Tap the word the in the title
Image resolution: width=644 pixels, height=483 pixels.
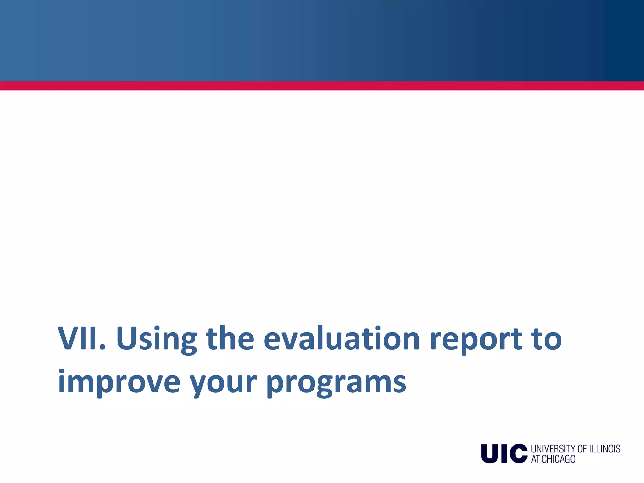click(230, 339)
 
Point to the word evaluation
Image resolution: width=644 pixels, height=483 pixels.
click(341, 339)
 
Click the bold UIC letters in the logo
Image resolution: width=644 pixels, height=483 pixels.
click(504, 453)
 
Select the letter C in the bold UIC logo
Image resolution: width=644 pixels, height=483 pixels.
click(518, 453)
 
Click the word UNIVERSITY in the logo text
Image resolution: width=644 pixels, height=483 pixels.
click(553, 449)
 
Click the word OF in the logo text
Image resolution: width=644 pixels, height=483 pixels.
click(582, 449)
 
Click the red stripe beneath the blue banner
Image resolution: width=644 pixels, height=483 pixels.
click(322, 86)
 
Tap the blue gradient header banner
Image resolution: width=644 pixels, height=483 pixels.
click(322, 40)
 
